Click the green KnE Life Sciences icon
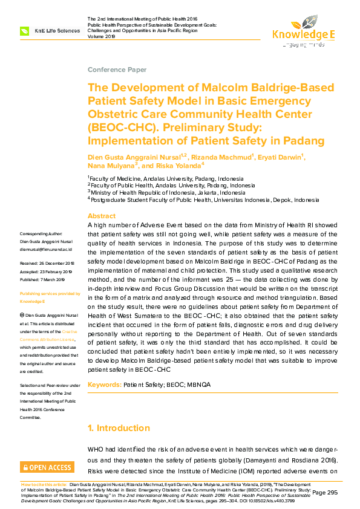coord(25,30)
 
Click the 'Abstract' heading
coord(102,216)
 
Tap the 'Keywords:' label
coord(104,384)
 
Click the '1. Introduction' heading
coord(119,428)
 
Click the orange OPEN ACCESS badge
coord(47,467)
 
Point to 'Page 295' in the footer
coord(325,492)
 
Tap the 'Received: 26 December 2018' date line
coord(47,264)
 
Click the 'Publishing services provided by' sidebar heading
coord(50,293)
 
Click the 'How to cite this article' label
coord(45,484)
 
